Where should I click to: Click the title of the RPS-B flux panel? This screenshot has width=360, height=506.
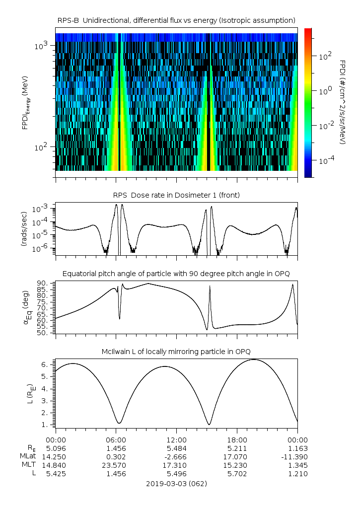tap(176, 20)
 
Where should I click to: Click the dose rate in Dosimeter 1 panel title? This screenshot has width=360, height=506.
tap(176, 195)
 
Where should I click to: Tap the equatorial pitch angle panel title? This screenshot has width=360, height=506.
tap(176, 274)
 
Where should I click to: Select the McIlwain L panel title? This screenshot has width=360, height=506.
tap(176, 352)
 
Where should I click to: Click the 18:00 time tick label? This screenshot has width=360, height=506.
tap(237, 440)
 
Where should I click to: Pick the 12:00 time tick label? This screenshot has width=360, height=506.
tap(176, 440)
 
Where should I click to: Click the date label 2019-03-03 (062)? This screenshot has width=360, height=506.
tap(176, 483)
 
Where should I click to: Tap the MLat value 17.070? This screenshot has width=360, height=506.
tap(237, 457)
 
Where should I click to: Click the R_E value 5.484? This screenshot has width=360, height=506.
tap(176, 448)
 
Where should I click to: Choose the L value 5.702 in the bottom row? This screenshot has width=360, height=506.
tap(237, 474)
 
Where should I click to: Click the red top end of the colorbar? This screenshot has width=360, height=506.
tap(308, 31)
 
